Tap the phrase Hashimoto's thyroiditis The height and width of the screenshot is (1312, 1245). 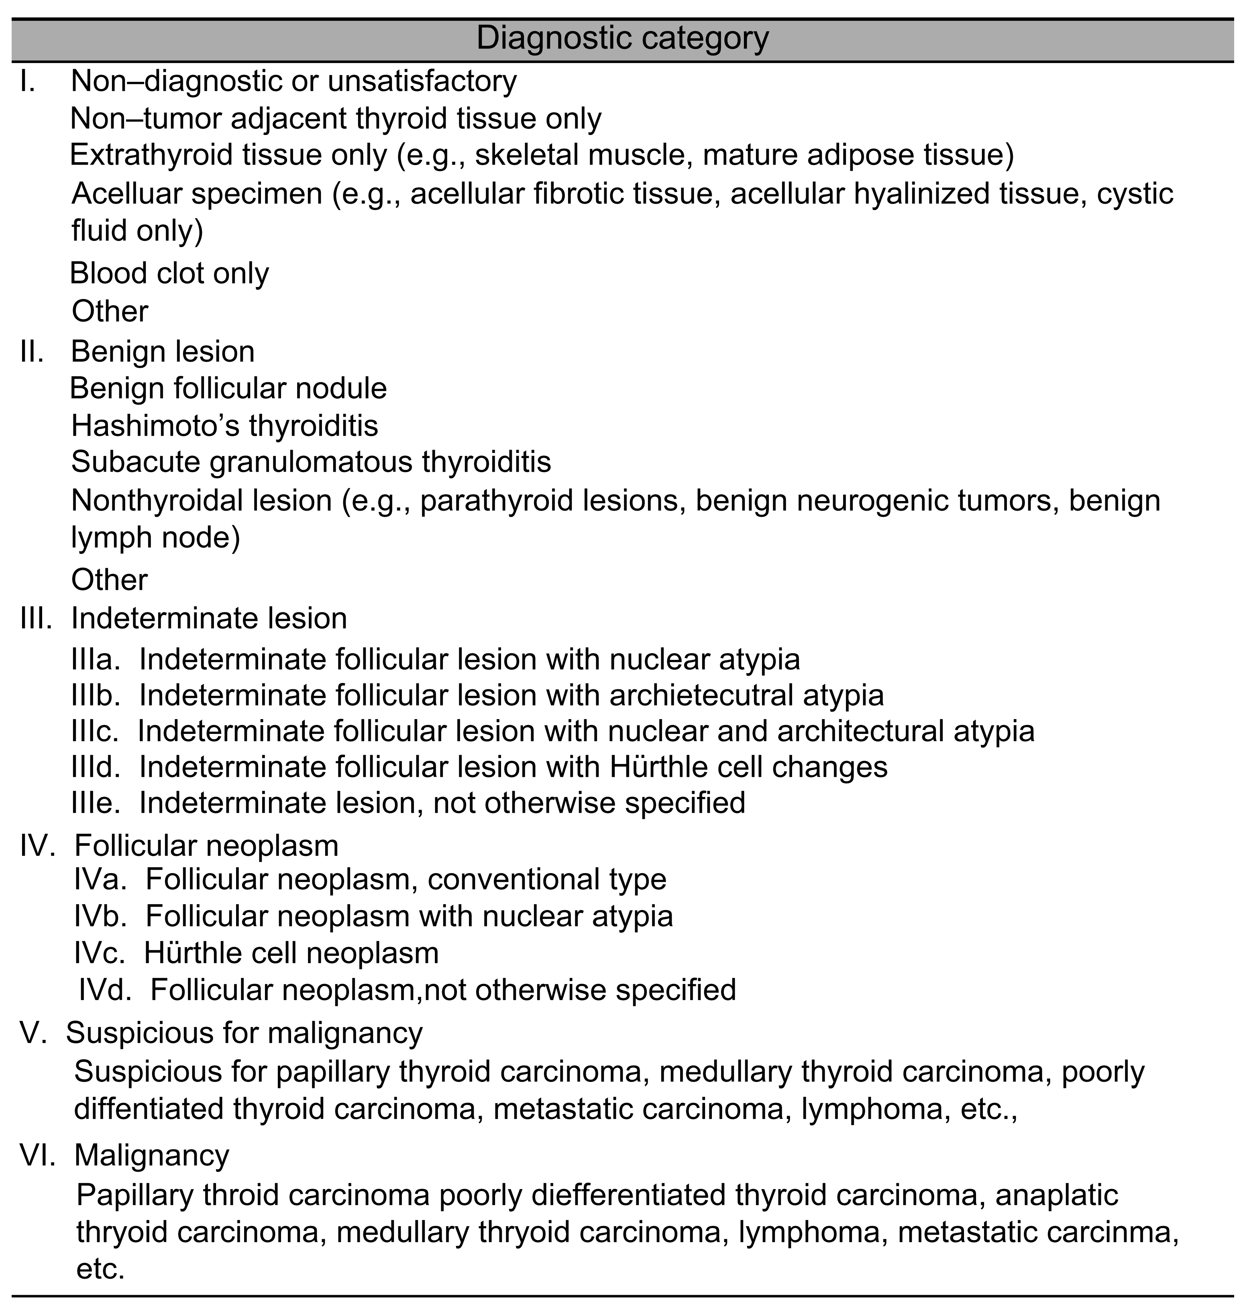(224, 426)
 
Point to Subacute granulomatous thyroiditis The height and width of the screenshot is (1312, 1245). (311, 462)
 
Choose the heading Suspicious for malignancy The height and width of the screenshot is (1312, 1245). (244, 1033)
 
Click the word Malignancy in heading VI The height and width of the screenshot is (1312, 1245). (151, 1155)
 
